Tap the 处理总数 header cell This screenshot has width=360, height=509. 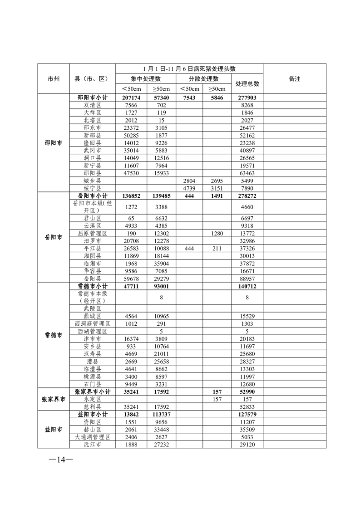point(247,84)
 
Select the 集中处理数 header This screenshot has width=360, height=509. point(146,79)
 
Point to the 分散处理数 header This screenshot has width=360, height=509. point(204,79)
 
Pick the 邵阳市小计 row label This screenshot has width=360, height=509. point(92,98)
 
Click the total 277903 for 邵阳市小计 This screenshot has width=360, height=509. point(247,98)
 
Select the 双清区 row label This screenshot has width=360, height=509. point(92,104)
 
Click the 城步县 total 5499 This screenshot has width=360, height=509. point(247,180)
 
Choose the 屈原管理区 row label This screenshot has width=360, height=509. point(92,233)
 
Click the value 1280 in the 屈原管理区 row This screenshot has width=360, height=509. point(217,233)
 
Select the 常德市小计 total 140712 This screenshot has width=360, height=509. point(247,287)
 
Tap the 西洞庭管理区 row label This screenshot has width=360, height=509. point(92,323)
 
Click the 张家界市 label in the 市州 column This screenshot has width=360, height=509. point(54,399)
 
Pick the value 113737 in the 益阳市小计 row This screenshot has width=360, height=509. point(161,415)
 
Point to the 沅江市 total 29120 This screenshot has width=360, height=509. point(247,445)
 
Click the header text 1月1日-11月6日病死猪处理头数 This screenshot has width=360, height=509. point(189,69)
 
